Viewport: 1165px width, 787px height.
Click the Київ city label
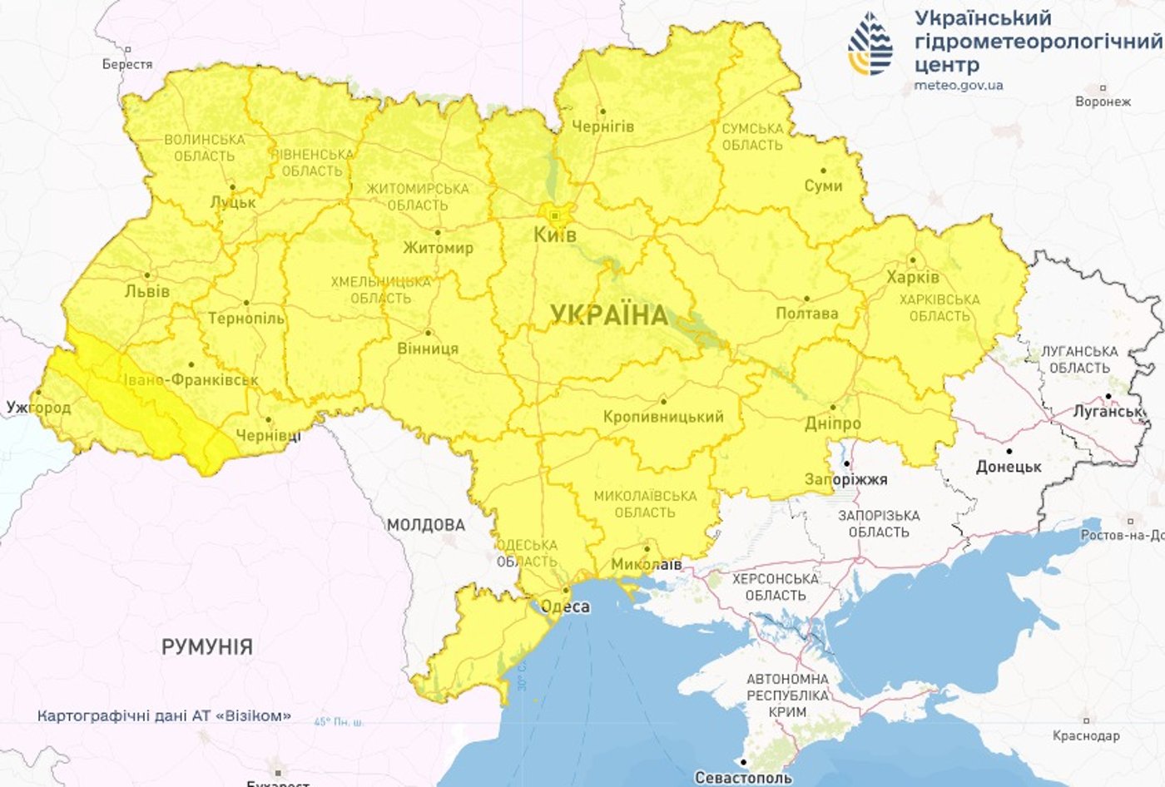tap(554, 235)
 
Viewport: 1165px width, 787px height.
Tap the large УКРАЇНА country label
tap(609, 315)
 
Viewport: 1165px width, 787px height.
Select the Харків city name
tap(913, 277)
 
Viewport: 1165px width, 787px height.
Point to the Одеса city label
tap(565, 606)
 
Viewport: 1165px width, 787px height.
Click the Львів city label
tap(146, 291)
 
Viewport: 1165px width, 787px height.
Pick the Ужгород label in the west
tap(38, 408)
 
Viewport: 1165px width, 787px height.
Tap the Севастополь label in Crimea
tap(743, 778)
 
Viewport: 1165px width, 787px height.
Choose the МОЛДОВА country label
tap(426, 525)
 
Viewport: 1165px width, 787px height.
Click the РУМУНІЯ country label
tap(207, 646)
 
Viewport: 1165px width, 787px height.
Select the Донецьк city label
tap(1009, 467)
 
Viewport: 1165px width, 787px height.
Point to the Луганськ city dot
tap(1108, 397)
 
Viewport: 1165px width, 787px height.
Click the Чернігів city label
tap(602, 126)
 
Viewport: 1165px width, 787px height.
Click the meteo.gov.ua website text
tap(958, 85)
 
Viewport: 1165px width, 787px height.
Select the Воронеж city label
tap(1103, 101)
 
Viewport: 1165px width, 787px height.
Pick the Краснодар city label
tap(1086, 735)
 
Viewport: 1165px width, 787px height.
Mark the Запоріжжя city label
tap(845, 479)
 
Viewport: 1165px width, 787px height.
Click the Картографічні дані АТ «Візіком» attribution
tap(165, 715)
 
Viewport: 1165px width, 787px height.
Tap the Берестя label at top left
tap(127, 64)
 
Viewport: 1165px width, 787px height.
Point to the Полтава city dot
tap(806, 298)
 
